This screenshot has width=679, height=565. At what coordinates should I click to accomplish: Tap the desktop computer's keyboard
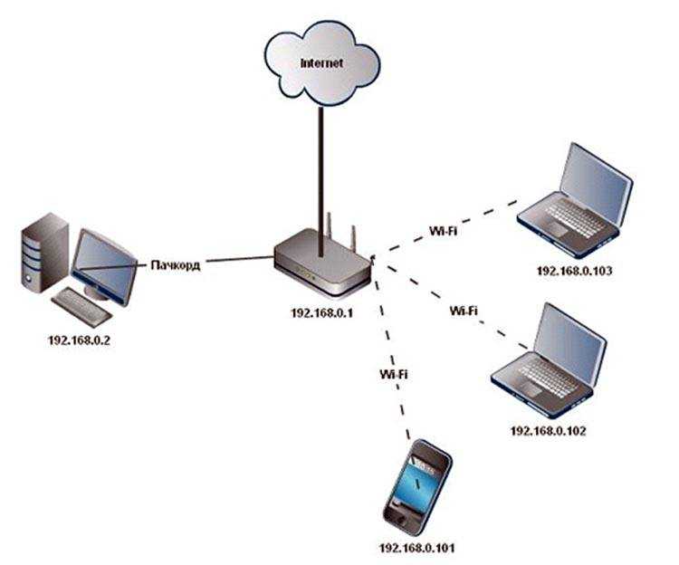81,305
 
